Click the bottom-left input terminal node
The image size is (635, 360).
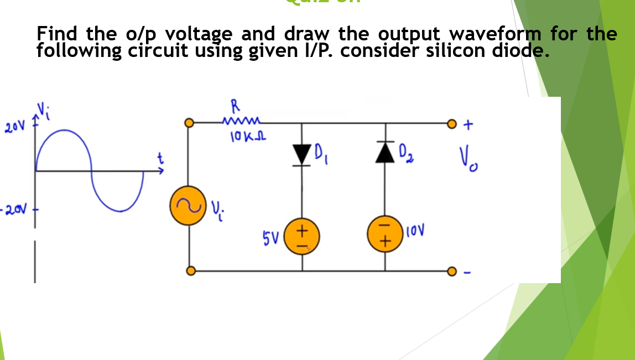point(190,271)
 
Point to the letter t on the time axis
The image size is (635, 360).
point(161,159)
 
